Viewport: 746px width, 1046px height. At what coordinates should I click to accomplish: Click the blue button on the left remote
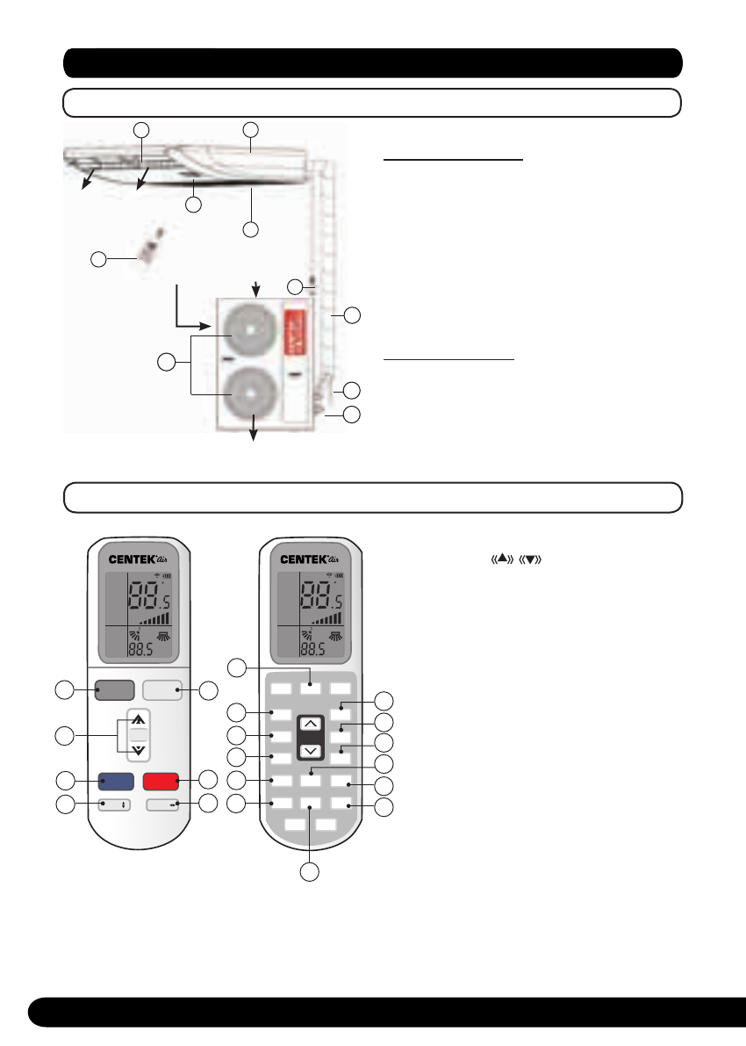116,780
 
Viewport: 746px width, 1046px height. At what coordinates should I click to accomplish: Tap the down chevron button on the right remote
311,752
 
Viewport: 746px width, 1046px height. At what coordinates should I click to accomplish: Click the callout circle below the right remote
310,872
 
